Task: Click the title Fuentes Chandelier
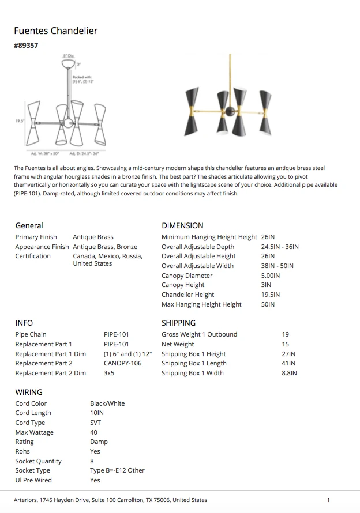[56, 31]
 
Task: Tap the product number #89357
[26, 45]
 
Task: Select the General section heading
[29, 225]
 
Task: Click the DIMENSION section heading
[182, 225]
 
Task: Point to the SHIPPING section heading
[178, 323]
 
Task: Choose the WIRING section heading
[29, 392]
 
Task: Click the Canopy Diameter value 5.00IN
[271, 276]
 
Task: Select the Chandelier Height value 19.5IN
[271, 295]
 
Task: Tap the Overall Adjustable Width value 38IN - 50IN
[277, 266]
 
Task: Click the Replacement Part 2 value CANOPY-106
[122, 363]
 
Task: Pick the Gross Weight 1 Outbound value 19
[286, 334]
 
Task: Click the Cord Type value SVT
[95, 423]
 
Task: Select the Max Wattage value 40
[93, 432]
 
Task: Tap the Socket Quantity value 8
[92, 461]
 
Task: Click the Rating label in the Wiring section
[24, 442]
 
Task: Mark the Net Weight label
[178, 344]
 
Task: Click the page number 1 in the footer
[328, 500]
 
